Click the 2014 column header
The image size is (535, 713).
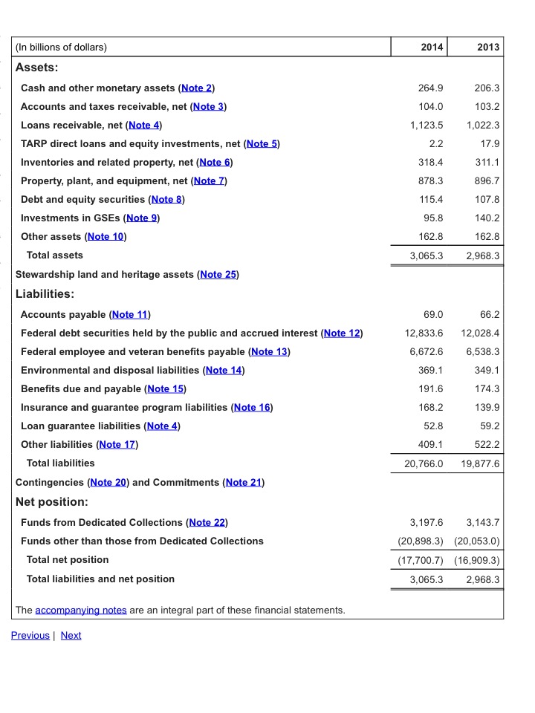(432, 48)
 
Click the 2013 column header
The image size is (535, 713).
(488, 48)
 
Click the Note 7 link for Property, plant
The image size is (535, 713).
(209, 181)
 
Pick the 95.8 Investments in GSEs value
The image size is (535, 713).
(432, 218)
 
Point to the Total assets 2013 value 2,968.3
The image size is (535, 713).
(481, 255)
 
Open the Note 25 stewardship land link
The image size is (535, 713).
(218, 275)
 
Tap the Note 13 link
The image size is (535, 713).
(270, 352)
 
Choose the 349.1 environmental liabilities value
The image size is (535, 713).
(487, 371)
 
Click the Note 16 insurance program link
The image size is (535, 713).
(253, 408)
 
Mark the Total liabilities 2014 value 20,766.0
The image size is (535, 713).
(421, 464)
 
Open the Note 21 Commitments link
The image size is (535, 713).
(244, 483)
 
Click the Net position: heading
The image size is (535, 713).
(52, 502)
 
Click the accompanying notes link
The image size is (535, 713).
(80, 611)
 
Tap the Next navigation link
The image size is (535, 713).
(71, 636)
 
